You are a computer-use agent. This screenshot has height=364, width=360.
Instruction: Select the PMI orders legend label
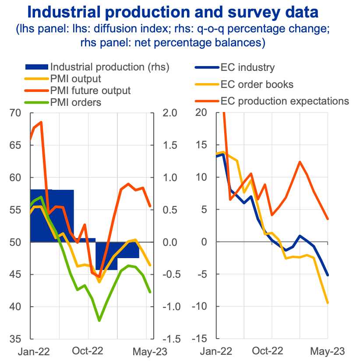tap(76, 103)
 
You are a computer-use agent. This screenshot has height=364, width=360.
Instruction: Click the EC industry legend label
tap(247, 67)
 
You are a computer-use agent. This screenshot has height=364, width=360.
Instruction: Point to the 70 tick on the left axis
tap(16, 113)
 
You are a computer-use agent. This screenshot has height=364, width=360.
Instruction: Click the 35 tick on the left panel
tap(16, 339)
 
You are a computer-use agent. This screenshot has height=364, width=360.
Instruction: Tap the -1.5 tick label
tap(169, 339)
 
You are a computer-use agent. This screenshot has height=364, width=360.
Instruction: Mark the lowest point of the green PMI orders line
tap(100, 321)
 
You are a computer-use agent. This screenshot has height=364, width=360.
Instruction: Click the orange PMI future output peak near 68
tap(41, 122)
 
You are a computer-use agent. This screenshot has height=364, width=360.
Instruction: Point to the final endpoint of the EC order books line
tap(328, 303)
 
